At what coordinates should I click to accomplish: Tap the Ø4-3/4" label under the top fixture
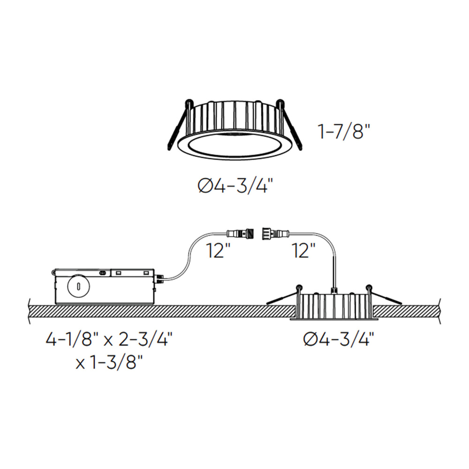pos(236,186)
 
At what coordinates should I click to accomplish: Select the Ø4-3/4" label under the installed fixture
pos(339,340)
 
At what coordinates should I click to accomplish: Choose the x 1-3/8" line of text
pos(109,363)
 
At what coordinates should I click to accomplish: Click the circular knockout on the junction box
pos(79,287)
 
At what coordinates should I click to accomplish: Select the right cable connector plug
pos(276,233)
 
